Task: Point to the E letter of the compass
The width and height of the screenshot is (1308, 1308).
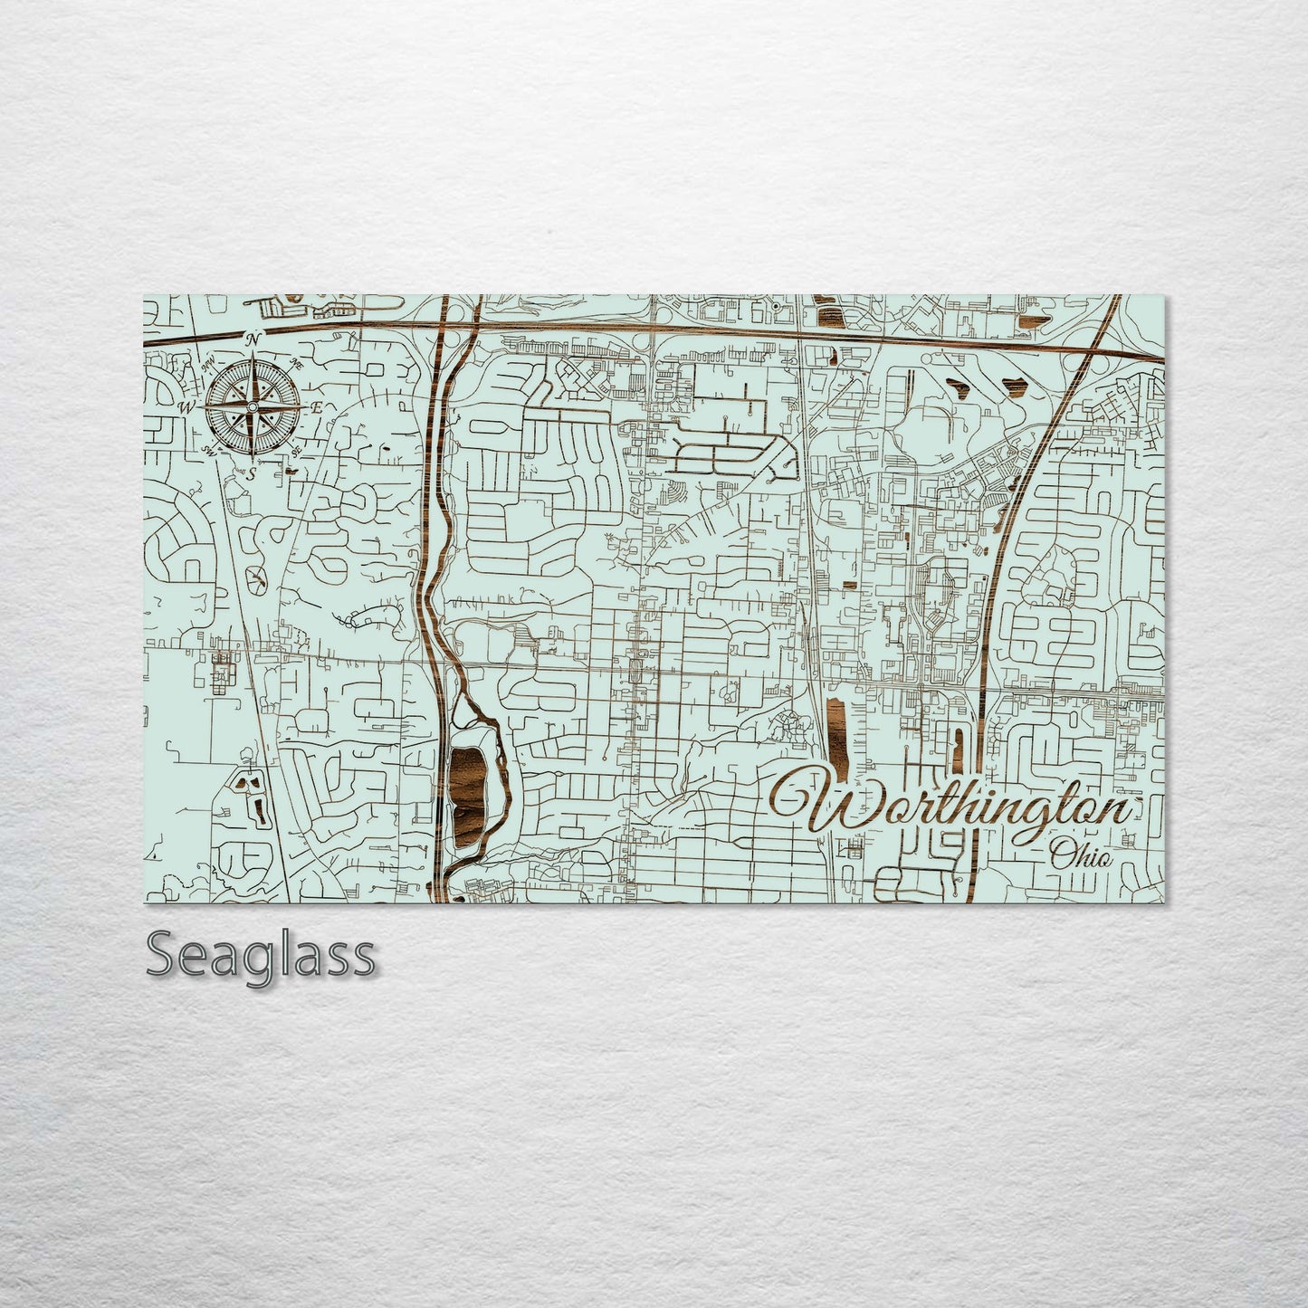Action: tap(317, 408)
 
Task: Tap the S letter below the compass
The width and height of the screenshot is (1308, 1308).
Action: tap(253, 473)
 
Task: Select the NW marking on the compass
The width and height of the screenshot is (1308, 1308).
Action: tap(209, 364)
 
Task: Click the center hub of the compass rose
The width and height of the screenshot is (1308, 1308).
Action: tap(253, 406)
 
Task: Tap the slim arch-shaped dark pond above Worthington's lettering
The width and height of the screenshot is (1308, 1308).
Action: tap(956, 741)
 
